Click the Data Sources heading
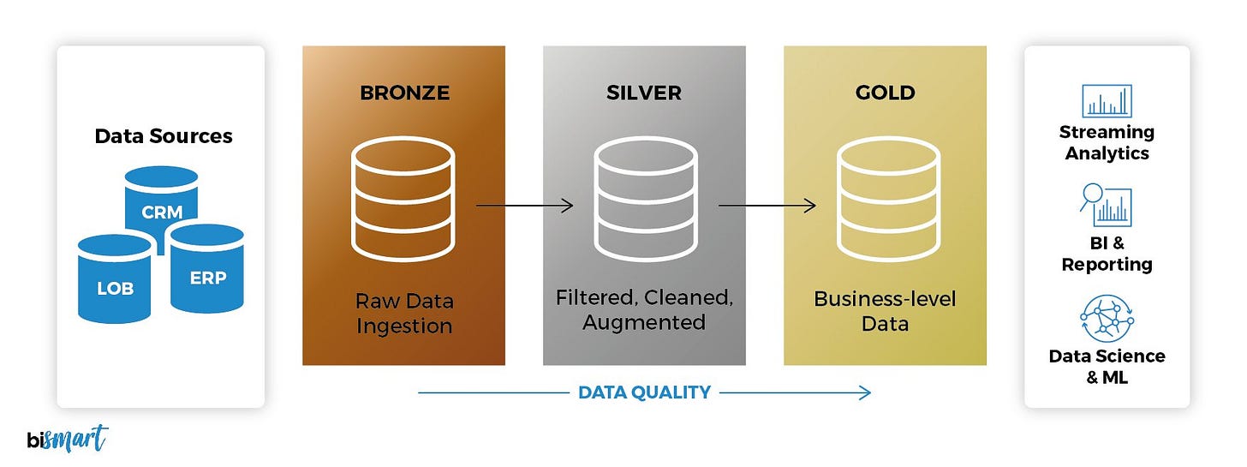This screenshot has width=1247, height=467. [163, 136]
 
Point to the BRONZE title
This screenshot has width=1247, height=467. [404, 93]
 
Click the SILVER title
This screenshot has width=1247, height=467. [644, 93]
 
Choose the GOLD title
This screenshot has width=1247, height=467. [885, 93]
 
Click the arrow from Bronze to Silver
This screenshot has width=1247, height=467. [523, 206]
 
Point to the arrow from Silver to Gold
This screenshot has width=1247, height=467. [766, 206]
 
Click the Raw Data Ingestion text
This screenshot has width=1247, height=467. [404, 314]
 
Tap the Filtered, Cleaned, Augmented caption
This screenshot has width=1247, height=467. [644, 310]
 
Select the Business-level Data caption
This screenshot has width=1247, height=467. [885, 311]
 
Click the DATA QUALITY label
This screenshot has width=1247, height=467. [644, 392]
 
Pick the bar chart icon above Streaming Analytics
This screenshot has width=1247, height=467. [1107, 101]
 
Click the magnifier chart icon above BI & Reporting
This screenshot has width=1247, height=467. [1105, 206]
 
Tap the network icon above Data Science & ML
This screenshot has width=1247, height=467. [1107, 319]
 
